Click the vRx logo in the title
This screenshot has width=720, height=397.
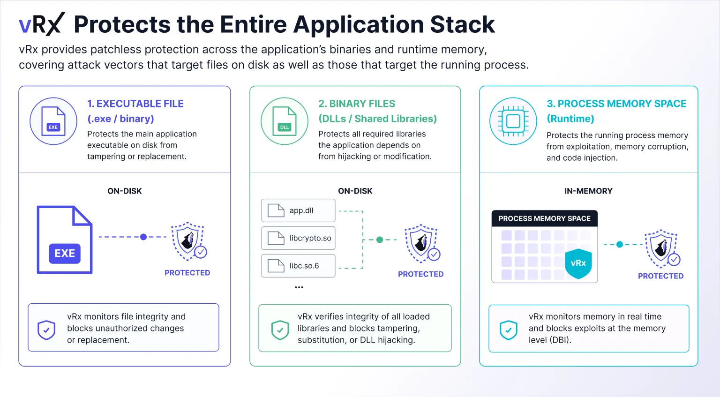(42, 24)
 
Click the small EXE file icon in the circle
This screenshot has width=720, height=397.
(53, 121)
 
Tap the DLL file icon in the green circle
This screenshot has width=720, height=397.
(285, 121)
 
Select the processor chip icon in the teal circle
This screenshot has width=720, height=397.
(513, 121)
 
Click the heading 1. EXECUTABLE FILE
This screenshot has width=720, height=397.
(135, 104)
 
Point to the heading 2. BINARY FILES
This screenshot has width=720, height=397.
(356, 104)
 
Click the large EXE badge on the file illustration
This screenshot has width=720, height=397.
(65, 253)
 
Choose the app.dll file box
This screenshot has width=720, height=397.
(298, 210)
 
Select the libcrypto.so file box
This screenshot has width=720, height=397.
(298, 238)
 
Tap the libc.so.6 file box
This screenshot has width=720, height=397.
(298, 266)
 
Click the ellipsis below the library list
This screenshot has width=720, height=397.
(299, 287)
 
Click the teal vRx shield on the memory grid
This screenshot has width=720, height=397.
(578, 263)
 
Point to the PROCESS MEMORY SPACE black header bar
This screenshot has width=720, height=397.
(545, 218)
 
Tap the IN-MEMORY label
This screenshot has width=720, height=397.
(589, 191)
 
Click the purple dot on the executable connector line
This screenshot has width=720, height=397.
(143, 237)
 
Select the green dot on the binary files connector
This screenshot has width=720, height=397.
(380, 240)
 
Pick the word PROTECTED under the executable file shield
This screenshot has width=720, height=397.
(187, 273)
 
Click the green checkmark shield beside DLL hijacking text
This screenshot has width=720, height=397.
(280, 330)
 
